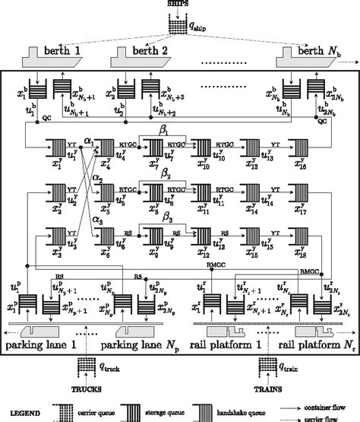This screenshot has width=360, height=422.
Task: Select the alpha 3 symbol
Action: [x=89, y=219]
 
